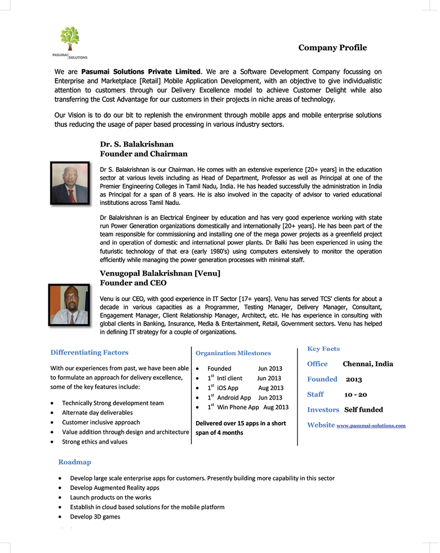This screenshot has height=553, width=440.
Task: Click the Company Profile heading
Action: coord(332,48)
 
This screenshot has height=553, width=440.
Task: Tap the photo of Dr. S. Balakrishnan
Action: coord(70,183)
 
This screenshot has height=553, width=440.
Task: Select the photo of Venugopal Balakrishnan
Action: coord(69,305)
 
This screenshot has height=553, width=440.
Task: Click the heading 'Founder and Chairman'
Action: coord(144,154)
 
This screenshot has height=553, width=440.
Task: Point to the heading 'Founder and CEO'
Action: coord(133,283)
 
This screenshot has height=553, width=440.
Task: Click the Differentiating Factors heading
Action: coord(89,353)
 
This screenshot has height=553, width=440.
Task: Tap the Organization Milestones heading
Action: coord(233,353)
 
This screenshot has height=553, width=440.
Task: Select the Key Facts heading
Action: coord(323,349)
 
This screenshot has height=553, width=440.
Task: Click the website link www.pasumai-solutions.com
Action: coord(371,426)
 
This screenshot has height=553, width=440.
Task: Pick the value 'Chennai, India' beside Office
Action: coord(368,364)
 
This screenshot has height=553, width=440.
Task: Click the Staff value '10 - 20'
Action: coord(356,395)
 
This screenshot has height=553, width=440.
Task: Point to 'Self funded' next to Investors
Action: coord(364,410)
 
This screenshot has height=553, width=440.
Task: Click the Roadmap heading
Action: coord(74,462)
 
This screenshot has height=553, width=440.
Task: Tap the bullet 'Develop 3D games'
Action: coord(95,517)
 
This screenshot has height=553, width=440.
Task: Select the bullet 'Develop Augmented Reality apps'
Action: coord(114,488)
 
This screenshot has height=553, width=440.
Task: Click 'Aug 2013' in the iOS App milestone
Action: coord(270,388)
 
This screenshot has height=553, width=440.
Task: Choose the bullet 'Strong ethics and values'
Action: coord(95,442)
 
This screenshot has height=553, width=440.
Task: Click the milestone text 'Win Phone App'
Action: coord(238,407)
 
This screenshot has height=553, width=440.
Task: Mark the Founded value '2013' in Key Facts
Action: coord(354,380)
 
